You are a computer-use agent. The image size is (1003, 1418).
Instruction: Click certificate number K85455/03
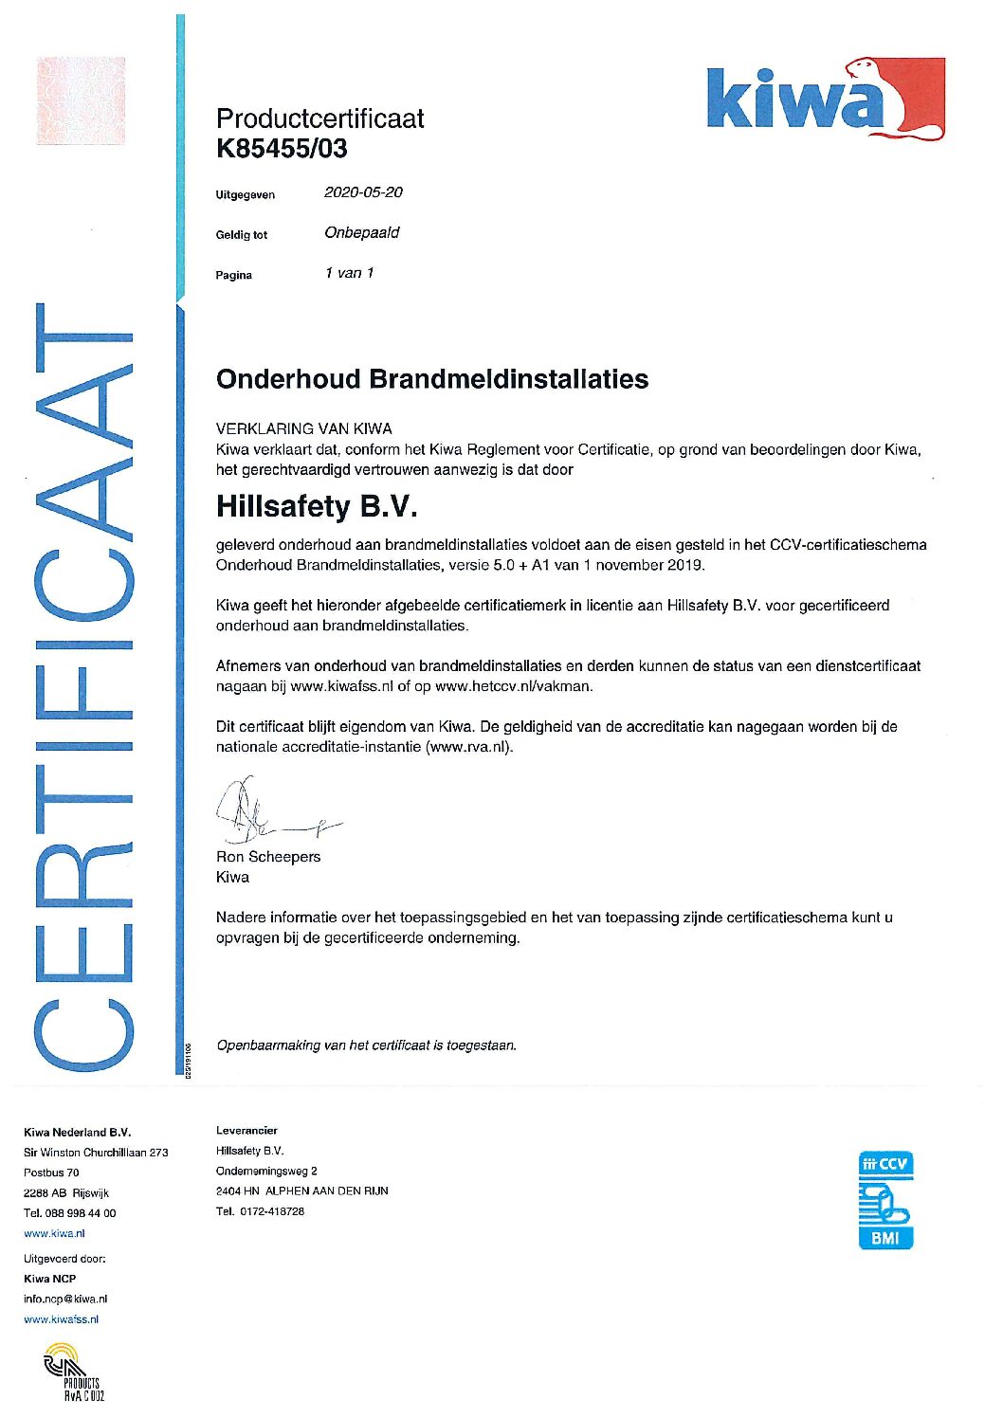(282, 149)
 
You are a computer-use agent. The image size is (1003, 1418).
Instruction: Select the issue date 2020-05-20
(363, 192)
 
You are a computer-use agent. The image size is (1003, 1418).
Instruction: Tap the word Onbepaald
(361, 233)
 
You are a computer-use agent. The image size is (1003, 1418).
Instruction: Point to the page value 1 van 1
(349, 273)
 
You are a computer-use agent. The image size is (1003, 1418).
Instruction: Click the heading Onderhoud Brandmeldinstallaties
(432, 379)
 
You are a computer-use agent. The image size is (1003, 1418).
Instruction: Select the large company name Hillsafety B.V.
(317, 506)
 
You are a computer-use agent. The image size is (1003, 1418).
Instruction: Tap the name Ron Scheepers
(268, 857)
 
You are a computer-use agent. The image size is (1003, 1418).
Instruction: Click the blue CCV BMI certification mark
(885, 1199)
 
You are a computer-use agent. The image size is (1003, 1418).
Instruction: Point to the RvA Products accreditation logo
(74, 1373)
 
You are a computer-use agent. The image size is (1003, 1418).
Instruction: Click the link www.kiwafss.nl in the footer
(61, 1319)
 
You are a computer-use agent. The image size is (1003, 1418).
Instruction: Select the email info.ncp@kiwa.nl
(65, 1300)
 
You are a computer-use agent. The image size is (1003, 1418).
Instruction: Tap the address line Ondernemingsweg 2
(266, 1171)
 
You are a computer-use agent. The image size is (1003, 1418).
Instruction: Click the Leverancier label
(246, 1130)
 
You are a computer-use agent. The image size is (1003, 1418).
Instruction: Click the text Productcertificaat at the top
(319, 118)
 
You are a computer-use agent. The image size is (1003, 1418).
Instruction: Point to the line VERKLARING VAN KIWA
(303, 428)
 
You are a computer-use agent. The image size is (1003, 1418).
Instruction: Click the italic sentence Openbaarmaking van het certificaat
(366, 1045)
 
